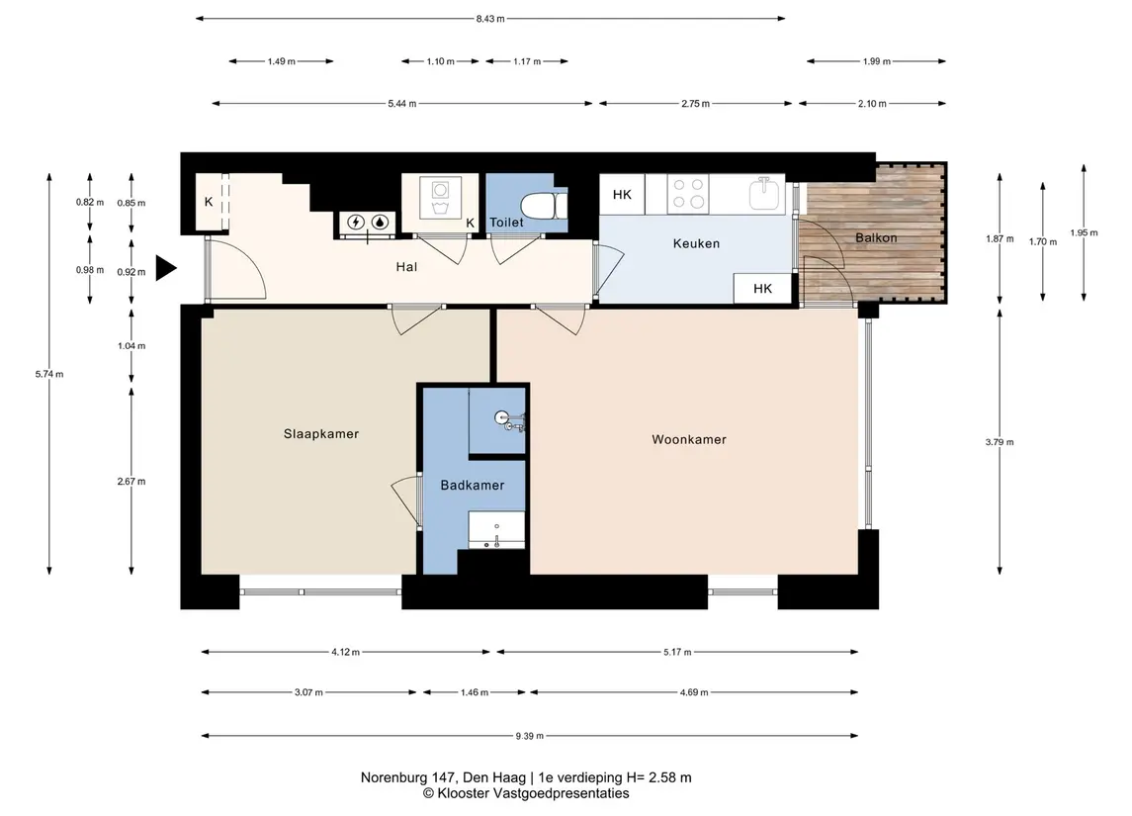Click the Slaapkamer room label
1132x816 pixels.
[320, 434]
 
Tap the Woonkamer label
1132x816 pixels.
[689, 439]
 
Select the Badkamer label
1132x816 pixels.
[473, 486]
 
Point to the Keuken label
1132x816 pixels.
[696, 243]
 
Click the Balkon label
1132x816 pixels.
[876, 237]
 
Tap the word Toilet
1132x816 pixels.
[506, 223]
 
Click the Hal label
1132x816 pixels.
[406, 267]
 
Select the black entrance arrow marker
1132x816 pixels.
[166, 268]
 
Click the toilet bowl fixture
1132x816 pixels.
[544, 206]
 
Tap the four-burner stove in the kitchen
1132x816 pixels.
[687, 193]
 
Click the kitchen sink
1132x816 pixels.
[765, 194]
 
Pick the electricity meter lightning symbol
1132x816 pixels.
[356, 223]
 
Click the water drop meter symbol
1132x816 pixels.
[380, 223]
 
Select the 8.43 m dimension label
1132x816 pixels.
[490, 19]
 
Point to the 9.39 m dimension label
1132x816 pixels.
[529, 736]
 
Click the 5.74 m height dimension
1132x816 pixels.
[49, 374]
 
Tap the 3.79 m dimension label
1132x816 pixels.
[1000, 442]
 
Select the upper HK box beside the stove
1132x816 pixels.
[622, 194]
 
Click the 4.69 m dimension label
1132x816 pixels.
[694, 692]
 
